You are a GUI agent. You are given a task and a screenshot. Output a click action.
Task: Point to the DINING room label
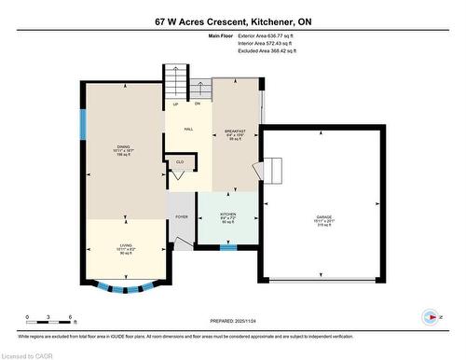pyautogui.click(x=122, y=149)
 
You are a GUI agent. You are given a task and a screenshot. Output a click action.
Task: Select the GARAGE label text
pyautogui.click(x=322, y=218)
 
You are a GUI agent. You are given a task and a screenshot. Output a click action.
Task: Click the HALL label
pyautogui.click(x=188, y=130)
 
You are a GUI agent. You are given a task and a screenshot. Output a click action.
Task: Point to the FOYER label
pyautogui.click(x=181, y=217)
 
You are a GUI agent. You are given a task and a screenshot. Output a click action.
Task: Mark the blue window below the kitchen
pyautogui.click(x=228, y=248)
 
